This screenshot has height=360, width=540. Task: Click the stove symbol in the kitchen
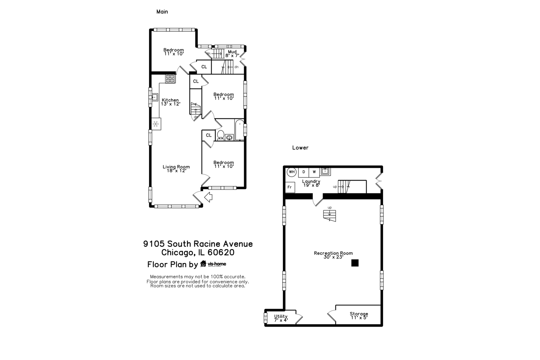pyautogui.click(x=170, y=79)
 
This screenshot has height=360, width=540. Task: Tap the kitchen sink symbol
pyautogui.click(x=155, y=97)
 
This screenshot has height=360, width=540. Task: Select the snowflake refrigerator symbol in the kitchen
pyautogui.click(x=155, y=124)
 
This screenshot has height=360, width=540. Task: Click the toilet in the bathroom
pyautogui.click(x=220, y=135)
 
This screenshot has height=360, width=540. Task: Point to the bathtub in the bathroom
pyautogui.click(x=239, y=130)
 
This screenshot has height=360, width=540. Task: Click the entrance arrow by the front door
pyautogui.click(x=208, y=197)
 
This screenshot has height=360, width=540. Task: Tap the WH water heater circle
pyautogui.click(x=292, y=172)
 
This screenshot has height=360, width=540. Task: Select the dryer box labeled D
pyautogui.click(x=304, y=172)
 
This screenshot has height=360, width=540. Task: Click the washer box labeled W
pyautogui.click(x=314, y=172)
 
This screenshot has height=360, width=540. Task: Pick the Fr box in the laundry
pyautogui.click(x=290, y=187)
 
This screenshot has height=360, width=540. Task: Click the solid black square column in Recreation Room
pyautogui.click(x=355, y=263)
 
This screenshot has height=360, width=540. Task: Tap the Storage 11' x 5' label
pyautogui.click(x=359, y=316)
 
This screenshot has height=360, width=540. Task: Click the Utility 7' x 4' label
pyautogui.click(x=281, y=318)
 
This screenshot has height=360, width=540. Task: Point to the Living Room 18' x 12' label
pyautogui.click(x=176, y=169)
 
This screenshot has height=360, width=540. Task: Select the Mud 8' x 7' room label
pyautogui.click(x=232, y=54)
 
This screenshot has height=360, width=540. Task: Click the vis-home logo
pyautogui.click(x=213, y=264)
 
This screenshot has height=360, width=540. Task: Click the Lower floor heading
pyautogui.click(x=300, y=148)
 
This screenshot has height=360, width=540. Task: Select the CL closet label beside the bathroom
pyautogui.click(x=209, y=135)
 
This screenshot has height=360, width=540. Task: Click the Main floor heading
pyautogui.click(x=162, y=12)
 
